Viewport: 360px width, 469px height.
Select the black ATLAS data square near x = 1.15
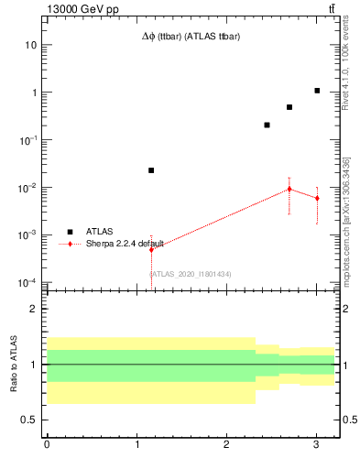tap(151, 170)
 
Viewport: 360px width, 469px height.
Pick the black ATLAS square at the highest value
tap(317, 91)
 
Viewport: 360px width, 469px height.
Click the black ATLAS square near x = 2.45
tap(267, 125)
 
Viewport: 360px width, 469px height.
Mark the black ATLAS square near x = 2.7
tap(289, 107)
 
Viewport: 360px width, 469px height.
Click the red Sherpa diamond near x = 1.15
tap(151, 249)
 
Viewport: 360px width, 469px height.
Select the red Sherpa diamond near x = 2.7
tap(289, 189)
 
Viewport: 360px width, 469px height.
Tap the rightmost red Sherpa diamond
tap(317, 198)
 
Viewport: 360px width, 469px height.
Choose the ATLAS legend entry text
tap(100, 232)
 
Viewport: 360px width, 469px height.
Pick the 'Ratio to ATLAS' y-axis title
tap(14, 365)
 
